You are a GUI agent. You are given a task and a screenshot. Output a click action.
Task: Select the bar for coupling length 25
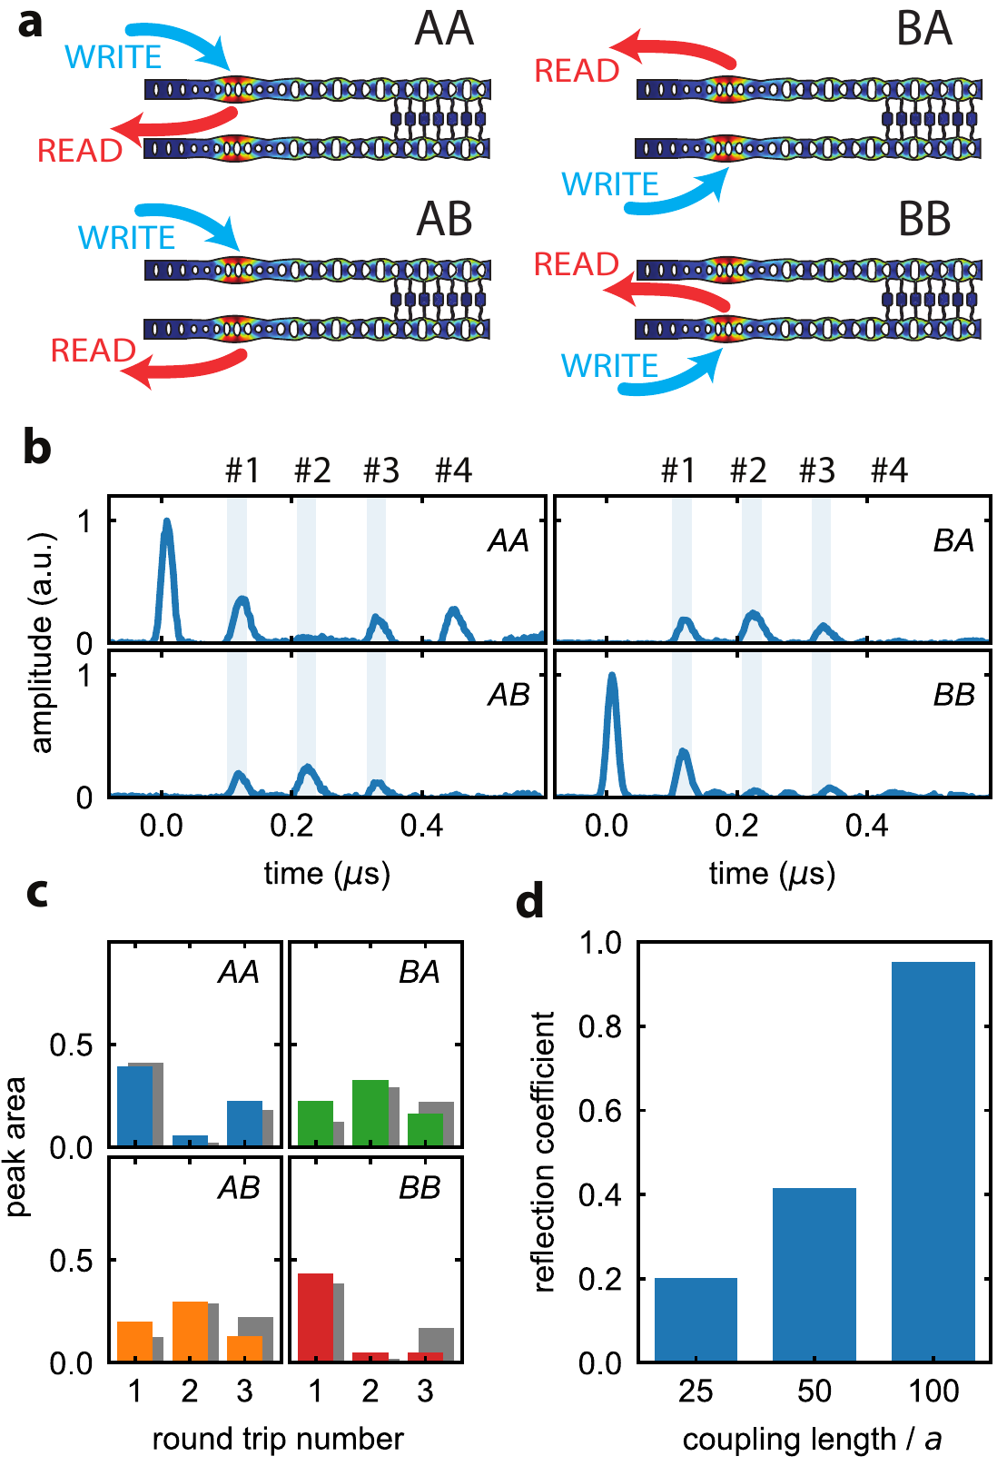(x=696, y=1319)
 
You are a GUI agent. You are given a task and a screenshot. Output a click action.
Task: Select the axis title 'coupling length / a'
(x=812, y=1439)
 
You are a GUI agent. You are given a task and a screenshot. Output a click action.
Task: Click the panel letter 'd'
(x=529, y=902)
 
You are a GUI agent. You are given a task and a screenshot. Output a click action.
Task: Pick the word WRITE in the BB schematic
(x=609, y=366)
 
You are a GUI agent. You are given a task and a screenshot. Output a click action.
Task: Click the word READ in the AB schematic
(x=93, y=351)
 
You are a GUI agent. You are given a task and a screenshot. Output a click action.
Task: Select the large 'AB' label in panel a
(x=444, y=219)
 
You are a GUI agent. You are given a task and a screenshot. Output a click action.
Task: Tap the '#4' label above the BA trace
(x=889, y=471)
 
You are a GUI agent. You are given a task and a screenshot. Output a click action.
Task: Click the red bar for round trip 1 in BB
(x=315, y=1317)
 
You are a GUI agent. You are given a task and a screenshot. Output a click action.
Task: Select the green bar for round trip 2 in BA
(x=370, y=1113)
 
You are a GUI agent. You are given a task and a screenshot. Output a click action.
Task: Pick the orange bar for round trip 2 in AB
(x=190, y=1331)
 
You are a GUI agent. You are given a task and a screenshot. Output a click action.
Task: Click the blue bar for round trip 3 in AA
(x=243, y=1124)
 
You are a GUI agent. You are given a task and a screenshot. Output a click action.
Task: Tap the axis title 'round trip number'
(x=277, y=1439)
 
